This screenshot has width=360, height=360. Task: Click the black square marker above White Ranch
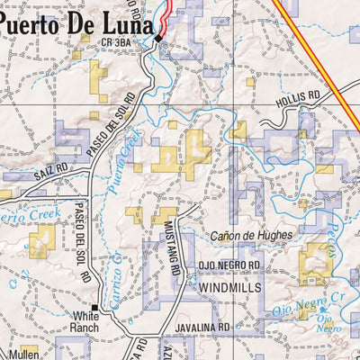(x=94, y=308)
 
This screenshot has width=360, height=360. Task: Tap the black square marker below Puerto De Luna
(x=158, y=39)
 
